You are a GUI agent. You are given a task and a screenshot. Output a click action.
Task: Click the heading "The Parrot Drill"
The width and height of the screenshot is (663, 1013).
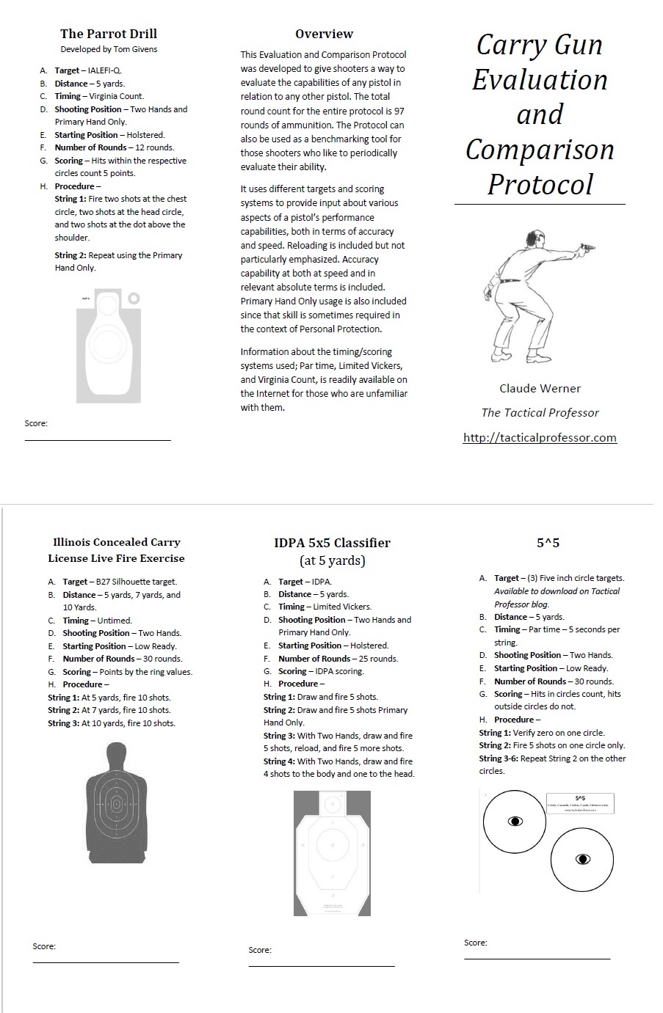[109, 34]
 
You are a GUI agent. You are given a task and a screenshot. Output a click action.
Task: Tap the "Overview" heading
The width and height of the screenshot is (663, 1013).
[324, 34]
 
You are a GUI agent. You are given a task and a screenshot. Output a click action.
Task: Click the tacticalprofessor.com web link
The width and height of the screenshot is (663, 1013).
[540, 438]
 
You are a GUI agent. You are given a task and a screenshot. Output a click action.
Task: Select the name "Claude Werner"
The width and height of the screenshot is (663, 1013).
[540, 389]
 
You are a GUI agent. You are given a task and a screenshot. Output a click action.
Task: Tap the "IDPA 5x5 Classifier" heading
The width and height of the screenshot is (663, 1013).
[332, 543]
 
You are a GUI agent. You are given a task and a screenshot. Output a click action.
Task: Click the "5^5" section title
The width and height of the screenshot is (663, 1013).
[548, 543]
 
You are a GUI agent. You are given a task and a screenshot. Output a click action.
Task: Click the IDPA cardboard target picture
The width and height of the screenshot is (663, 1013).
[332, 853]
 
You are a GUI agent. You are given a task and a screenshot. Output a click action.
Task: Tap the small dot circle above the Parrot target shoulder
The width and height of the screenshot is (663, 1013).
[133, 299]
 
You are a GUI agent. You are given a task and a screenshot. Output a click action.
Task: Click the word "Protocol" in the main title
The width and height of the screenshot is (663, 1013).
[540, 184]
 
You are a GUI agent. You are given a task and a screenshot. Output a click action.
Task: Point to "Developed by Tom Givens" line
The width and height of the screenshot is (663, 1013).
[109, 49]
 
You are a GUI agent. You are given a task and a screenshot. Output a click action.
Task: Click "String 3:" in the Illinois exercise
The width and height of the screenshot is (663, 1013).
[64, 723]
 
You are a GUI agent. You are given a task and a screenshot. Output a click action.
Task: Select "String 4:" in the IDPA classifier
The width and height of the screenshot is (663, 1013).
[279, 761]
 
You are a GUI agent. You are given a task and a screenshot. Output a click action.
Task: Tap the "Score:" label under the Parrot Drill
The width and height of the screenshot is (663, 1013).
[36, 423]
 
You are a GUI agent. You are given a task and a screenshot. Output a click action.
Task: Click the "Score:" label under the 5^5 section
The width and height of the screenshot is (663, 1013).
[476, 943]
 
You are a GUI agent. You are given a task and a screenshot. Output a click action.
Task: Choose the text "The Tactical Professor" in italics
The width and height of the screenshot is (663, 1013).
[540, 413]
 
